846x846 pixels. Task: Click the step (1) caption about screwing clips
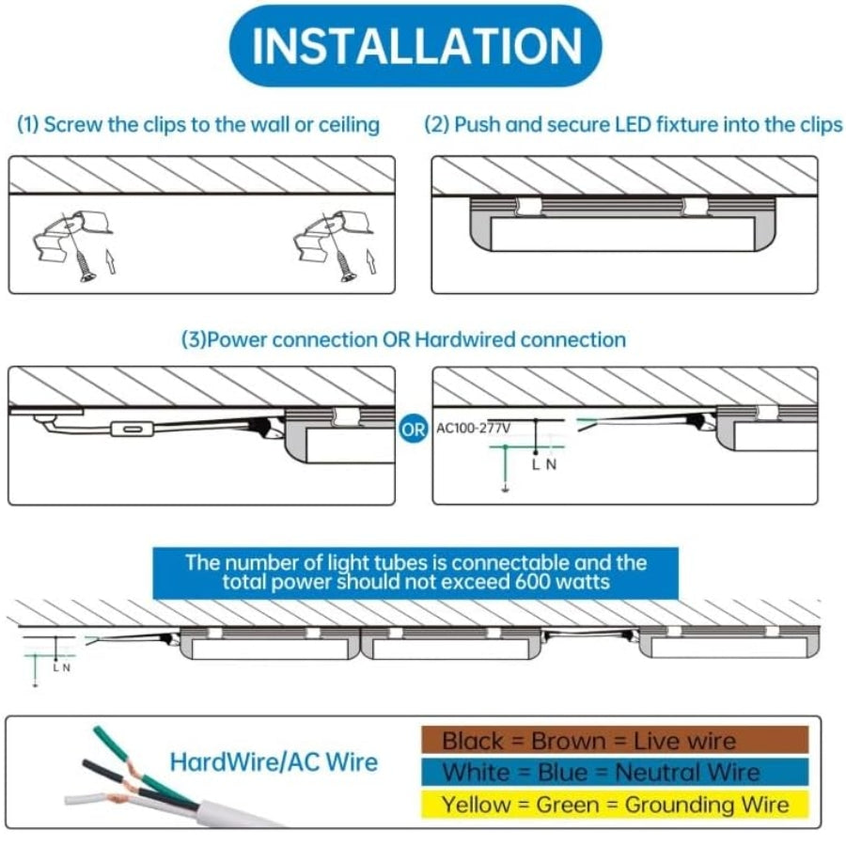198,125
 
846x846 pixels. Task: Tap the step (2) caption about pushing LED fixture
633,125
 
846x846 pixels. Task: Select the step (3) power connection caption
403,338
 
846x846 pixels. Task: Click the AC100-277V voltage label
474,429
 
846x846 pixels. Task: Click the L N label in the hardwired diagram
545,463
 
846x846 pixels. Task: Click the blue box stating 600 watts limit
415,572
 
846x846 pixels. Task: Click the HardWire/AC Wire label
274,761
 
